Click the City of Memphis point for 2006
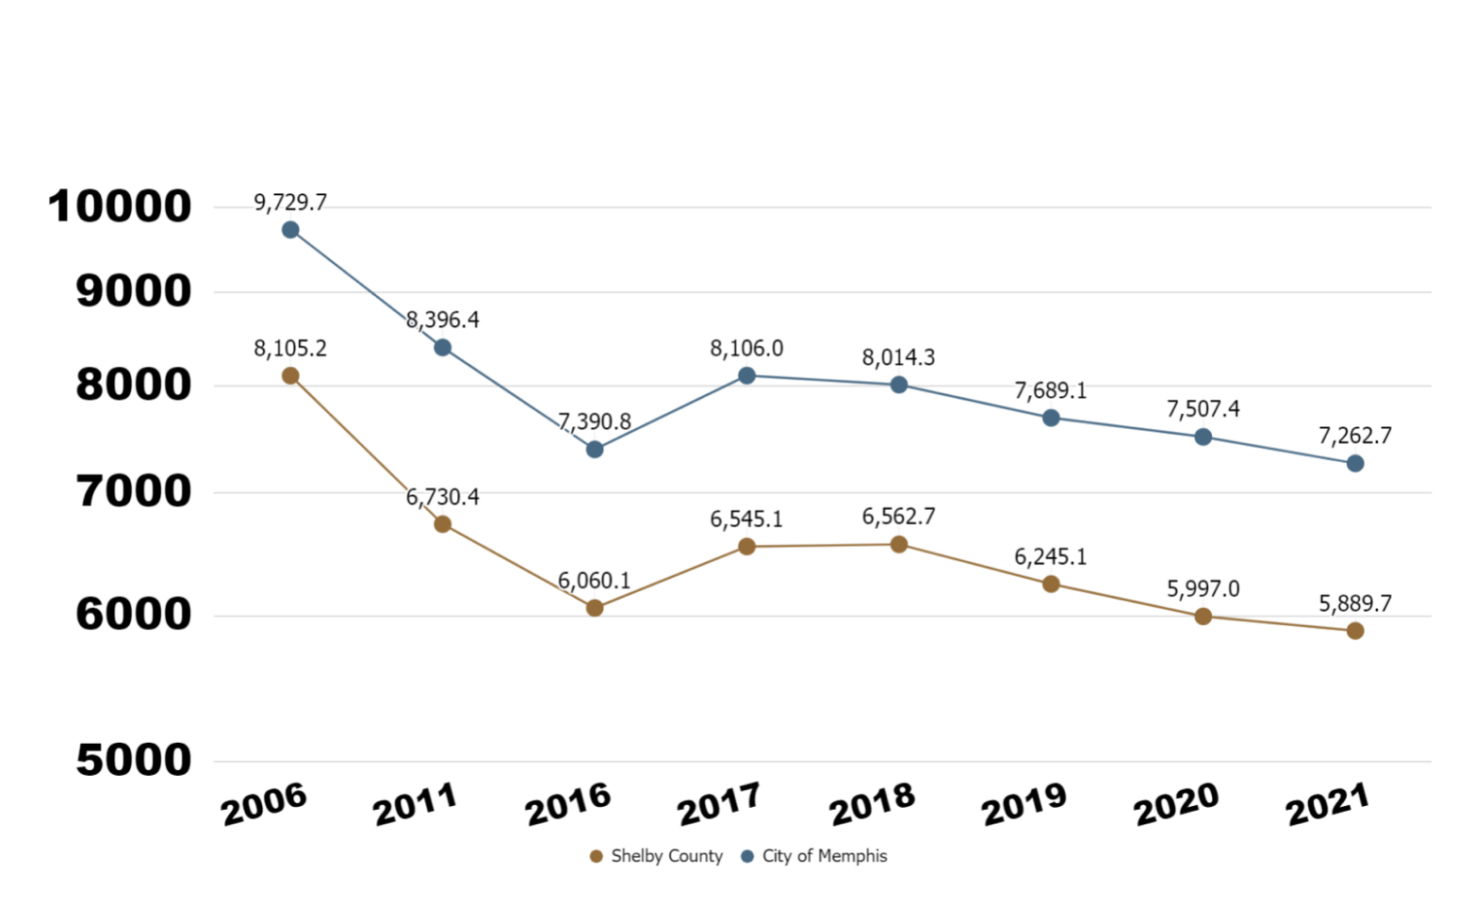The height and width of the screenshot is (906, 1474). click(x=290, y=230)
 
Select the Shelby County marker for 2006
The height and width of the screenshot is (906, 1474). click(x=290, y=376)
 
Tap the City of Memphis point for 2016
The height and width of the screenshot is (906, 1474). click(x=595, y=450)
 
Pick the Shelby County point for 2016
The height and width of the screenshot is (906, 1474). click(x=595, y=608)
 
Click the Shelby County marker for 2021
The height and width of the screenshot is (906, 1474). click(x=1355, y=631)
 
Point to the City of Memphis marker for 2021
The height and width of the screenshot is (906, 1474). click(x=1355, y=464)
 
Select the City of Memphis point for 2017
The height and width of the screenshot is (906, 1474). click(x=746, y=376)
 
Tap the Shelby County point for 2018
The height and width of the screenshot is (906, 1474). click(x=899, y=545)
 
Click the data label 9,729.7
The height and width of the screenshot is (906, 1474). click(x=290, y=203)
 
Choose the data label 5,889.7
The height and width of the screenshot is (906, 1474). click(x=1355, y=603)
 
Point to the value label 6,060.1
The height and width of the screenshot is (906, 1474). click(x=595, y=581)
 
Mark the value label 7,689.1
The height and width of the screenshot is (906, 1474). click(x=1051, y=390)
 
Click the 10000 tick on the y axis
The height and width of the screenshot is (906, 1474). click(x=120, y=206)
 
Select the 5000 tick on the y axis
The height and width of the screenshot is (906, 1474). click(x=134, y=760)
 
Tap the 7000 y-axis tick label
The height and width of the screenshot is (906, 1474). click(x=134, y=491)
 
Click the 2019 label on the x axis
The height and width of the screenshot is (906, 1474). click(x=1024, y=804)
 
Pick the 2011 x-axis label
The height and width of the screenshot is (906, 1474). click(x=416, y=804)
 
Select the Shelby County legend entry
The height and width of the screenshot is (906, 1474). click(x=656, y=856)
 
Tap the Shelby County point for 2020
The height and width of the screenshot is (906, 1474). click(x=1203, y=617)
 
